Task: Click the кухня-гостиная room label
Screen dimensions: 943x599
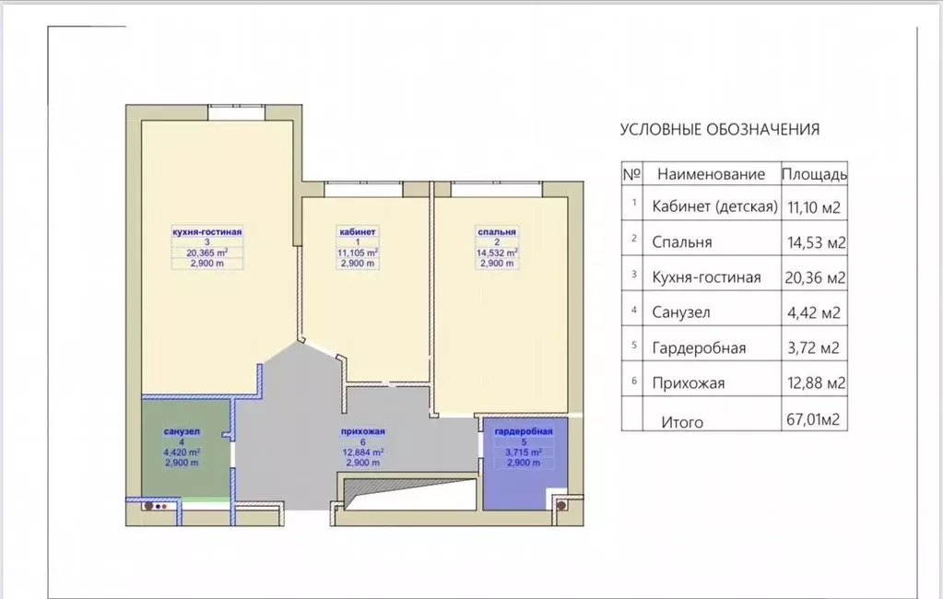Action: [206, 231]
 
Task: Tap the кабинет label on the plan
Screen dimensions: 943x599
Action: [358, 231]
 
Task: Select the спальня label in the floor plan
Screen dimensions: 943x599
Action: [497, 231]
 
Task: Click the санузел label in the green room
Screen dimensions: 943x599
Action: [182, 431]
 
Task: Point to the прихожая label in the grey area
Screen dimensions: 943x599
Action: [362, 431]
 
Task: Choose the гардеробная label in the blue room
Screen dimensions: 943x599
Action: [524, 431]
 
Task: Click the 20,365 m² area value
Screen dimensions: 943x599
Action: [206, 253]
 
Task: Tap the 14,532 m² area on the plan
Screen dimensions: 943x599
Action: [497, 253]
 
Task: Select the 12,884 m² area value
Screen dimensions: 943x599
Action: [362, 452]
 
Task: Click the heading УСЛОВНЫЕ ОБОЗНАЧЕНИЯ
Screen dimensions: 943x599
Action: [719, 129]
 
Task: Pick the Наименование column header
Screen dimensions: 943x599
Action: [711, 174]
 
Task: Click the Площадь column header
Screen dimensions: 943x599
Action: [814, 174]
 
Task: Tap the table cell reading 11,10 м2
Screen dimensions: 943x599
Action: [814, 207]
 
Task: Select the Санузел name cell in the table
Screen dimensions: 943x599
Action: [681, 312]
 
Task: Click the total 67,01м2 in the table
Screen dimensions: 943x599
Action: [813, 419]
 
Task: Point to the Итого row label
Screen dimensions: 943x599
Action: [682, 422]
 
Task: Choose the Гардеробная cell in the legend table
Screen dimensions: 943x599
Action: [699, 348]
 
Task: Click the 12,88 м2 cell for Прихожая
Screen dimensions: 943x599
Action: [816, 383]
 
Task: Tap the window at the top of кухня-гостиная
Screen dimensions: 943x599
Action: [237, 113]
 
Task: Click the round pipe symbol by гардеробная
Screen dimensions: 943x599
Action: [561, 506]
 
